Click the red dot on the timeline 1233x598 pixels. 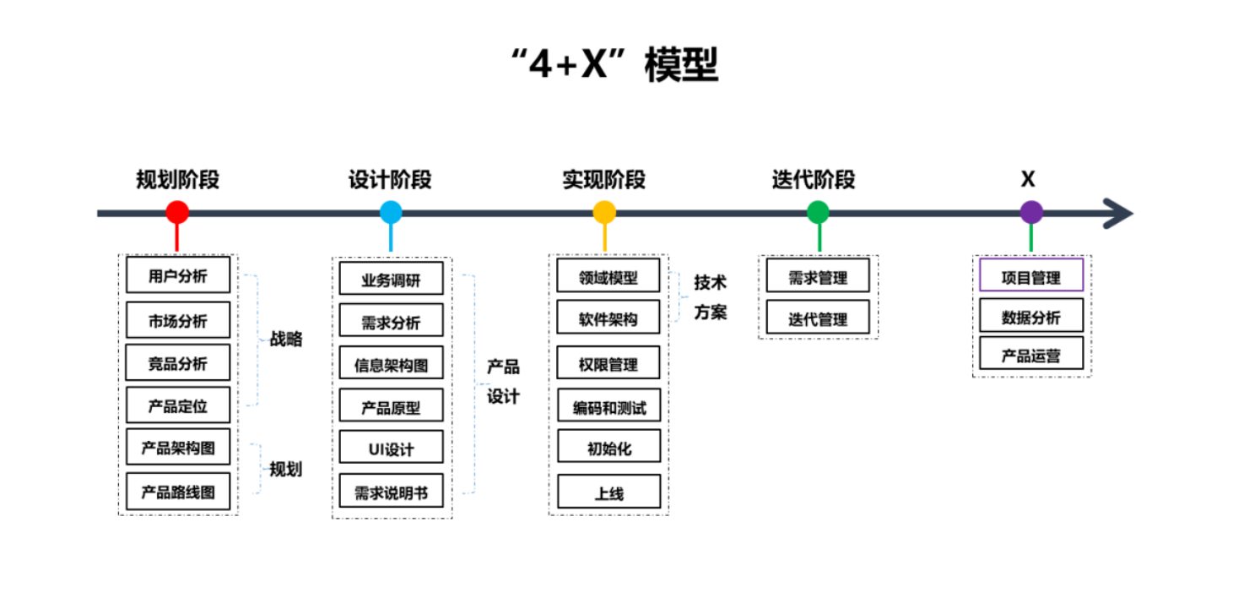176,212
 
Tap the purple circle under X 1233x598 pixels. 1030,212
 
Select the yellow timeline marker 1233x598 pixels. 604,212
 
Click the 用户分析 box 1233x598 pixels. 177,275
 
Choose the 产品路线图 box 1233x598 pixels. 177,492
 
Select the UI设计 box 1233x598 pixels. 391,448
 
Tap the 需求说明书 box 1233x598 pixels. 391,492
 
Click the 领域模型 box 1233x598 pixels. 608,277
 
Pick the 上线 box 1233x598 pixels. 608,493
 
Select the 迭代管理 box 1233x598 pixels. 817,319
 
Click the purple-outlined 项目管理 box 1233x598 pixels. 1030,277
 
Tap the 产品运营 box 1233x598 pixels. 1030,355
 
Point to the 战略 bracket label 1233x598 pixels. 285,340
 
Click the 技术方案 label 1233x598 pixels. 710,297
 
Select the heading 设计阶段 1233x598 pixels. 390,180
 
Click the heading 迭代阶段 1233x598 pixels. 813,180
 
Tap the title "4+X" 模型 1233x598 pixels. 614,65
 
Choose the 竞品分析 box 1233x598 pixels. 177,363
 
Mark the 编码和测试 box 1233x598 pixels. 608,407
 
